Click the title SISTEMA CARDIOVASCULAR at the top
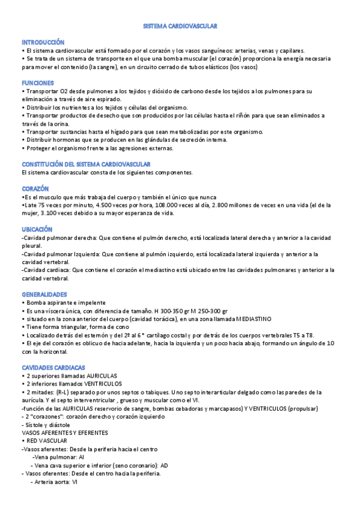point(180,26)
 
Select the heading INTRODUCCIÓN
point(43,43)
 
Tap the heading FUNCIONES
point(38,83)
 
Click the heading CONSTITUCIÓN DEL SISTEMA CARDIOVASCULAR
point(86,164)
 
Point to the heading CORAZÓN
point(35,189)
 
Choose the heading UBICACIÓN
point(37,230)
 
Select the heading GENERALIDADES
point(44,294)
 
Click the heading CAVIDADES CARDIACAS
point(53,367)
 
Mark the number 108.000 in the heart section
point(158,205)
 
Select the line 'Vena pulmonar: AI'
point(58,457)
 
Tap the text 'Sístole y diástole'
point(46,425)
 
